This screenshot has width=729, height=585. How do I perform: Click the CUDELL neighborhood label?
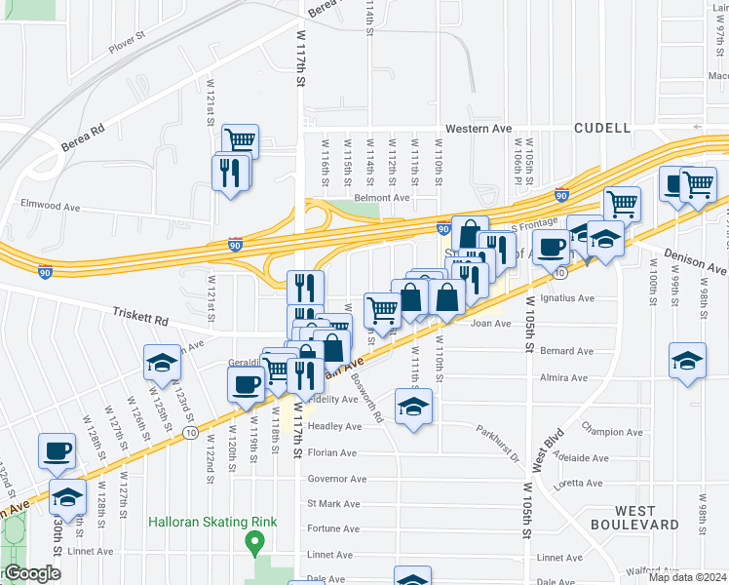(602, 128)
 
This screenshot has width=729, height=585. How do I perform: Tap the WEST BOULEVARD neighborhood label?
(633, 517)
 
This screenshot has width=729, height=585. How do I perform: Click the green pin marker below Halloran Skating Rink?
(255, 540)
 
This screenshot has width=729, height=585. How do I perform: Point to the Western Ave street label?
(479, 129)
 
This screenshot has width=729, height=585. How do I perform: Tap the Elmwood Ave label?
(51, 206)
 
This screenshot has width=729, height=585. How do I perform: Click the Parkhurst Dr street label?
(499, 430)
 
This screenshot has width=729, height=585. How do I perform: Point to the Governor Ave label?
(337, 479)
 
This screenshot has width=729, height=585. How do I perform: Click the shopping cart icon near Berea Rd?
(240, 140)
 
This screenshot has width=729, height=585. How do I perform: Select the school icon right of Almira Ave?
(687, 359)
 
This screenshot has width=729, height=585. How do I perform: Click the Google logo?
(33, 573)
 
